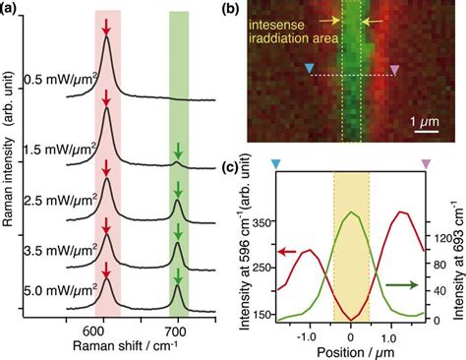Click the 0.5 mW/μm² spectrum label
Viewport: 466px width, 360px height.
click(61, 81)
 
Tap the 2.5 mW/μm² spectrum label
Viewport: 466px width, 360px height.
click(60, 201)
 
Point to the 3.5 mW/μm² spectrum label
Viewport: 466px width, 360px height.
click(60, 250)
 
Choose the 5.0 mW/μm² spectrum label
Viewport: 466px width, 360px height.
click(60, 290)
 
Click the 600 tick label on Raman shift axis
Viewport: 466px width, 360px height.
click(103, 331)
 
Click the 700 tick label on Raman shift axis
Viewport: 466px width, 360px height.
click(178, 331)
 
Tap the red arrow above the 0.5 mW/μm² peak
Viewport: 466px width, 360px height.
click(105, 28)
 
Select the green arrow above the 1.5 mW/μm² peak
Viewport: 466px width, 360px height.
click(178, 150)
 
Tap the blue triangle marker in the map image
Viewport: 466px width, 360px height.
click(309, 68)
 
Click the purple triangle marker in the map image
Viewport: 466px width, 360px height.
click(395, 69)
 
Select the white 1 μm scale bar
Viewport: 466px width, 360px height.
click(427, 132)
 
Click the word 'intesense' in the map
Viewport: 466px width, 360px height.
click(277, 25)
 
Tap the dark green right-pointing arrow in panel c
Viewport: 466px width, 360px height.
click(402, 285)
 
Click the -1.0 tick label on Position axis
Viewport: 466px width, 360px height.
click(309, 337)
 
